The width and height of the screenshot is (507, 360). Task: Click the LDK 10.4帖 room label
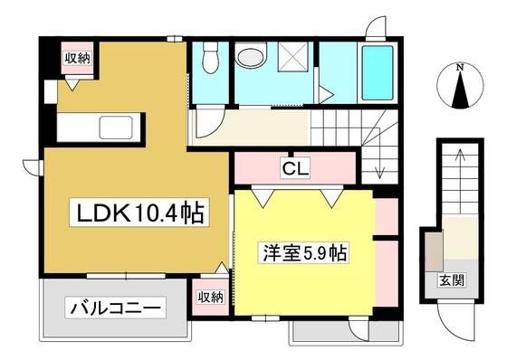(139, 213)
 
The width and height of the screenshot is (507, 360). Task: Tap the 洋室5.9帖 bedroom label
(304, 252)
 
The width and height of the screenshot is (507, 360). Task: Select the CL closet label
(295, 168)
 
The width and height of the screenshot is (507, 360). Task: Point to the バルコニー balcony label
(116, 308)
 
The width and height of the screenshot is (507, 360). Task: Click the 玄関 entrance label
(452, 280)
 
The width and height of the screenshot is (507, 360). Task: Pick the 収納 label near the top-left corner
(77, 58)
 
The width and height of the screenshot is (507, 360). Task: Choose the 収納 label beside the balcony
(210, 297)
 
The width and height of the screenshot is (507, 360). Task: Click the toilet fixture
(210, 58)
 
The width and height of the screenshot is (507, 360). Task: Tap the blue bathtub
(378, 73)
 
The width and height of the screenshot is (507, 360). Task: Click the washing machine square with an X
(292, 57)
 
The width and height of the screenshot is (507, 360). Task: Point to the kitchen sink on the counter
(116, 127)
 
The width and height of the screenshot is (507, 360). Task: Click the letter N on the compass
(460, 68)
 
